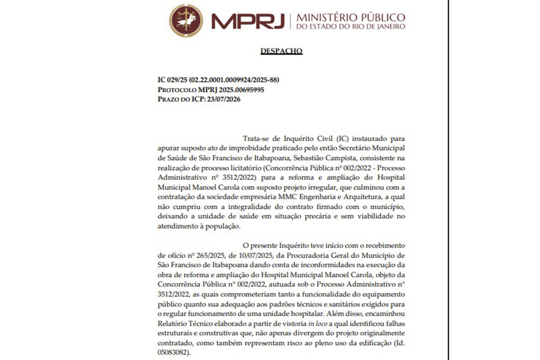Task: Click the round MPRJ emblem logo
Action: [186, 20]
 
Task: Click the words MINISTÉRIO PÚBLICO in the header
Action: [351, 15]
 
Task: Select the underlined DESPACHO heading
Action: [281, 51]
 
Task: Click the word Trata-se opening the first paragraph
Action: [259, 137]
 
